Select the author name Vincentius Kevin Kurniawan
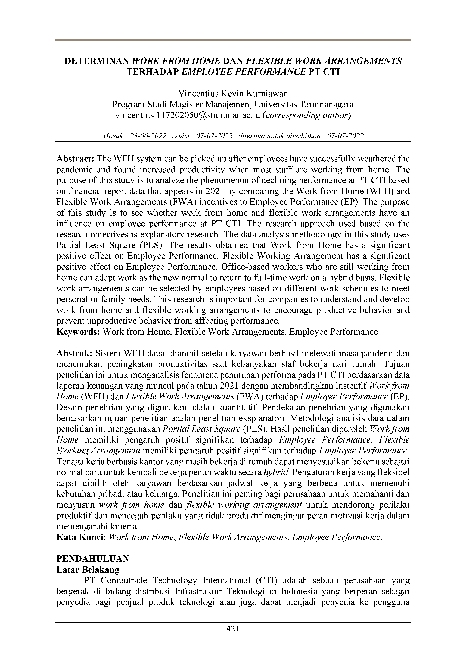(233, 94)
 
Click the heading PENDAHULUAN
(93, 559)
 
